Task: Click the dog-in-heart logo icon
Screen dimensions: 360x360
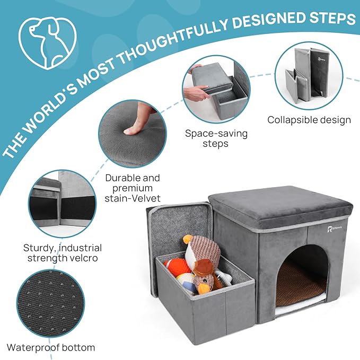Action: (47, 42)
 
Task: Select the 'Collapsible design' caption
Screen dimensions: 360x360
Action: (309, 120)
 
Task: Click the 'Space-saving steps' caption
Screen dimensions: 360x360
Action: (216, 138)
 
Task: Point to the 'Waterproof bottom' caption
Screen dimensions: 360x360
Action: (51, 348)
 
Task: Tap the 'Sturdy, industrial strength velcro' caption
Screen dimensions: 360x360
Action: (63, 253)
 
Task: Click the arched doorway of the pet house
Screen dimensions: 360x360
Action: (304, 276)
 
